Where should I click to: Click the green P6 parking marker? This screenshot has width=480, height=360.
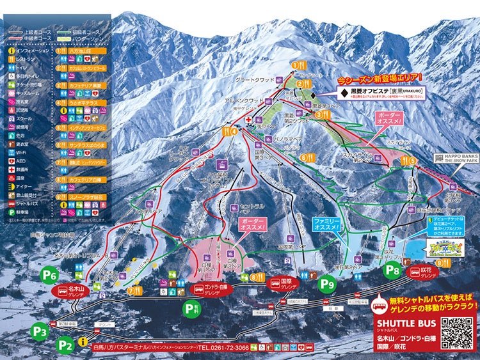pos(50,276)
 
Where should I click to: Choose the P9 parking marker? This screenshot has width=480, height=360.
pos(328,283)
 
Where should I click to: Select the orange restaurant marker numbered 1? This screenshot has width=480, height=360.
pos(296,65)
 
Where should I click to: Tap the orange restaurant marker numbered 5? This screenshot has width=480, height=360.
pos(413,161)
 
